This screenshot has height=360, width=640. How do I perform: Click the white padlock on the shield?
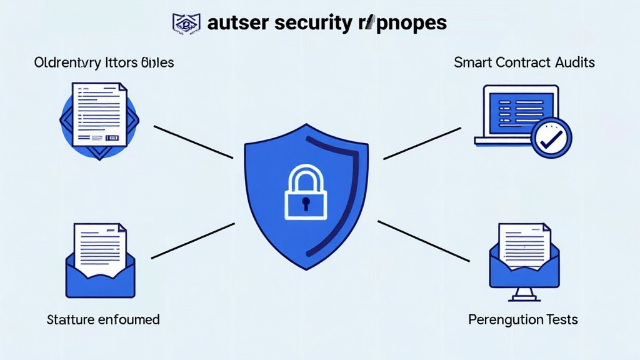[x=306, y=193]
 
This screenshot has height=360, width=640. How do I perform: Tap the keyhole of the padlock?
[x=306, y=203]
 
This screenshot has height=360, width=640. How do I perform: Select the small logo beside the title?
[x=187, y=23]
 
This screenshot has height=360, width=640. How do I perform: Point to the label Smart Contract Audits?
[x=524, y=62]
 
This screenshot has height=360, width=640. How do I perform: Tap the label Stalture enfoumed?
[x=103, y=319]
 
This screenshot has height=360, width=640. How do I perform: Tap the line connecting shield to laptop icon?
[x=422, y=143]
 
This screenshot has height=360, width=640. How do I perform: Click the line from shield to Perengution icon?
[x=424, y=241]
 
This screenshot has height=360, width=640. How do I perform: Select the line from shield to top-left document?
[x=193, y=142]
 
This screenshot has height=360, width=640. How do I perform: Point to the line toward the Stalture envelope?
[x=192, y=241]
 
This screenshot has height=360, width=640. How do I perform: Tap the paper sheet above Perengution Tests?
[x=524, y=243]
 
